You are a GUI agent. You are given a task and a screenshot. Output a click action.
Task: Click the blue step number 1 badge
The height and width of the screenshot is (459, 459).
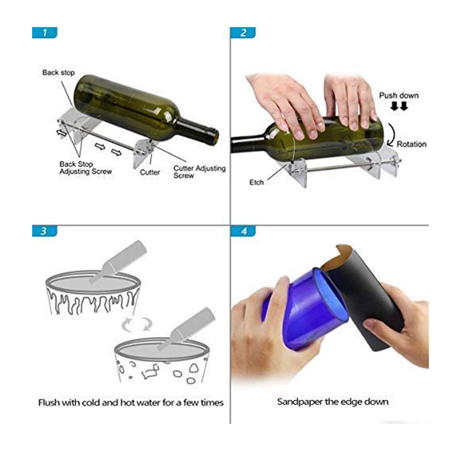tap(45, 33)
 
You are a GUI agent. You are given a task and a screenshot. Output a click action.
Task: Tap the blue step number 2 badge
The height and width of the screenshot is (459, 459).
tap(243, 33)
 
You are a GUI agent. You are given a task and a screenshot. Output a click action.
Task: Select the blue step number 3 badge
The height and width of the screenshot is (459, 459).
tap(45, 231)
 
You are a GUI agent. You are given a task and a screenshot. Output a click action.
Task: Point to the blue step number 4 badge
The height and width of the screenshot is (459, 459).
tap(243, 231)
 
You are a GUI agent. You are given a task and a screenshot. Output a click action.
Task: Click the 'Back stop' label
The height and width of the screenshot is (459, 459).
tap(59, 73)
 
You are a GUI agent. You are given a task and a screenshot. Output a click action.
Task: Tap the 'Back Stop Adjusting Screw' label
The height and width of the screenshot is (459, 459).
tap(85, 168)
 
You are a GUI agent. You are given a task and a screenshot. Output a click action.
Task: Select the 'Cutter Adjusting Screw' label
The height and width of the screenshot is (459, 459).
tap(199, 172)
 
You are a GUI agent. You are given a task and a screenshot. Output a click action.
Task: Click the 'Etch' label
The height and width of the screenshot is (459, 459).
tap(257, 182)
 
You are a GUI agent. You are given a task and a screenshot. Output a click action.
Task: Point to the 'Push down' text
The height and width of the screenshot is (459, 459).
tap(399, 95)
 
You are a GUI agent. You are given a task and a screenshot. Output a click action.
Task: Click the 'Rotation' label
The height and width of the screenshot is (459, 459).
tap(411, 144)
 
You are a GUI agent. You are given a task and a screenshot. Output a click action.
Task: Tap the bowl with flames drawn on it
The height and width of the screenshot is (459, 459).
tap(93, 293)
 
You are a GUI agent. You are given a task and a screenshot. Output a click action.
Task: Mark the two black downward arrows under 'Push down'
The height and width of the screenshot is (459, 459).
tap(399, 106)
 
